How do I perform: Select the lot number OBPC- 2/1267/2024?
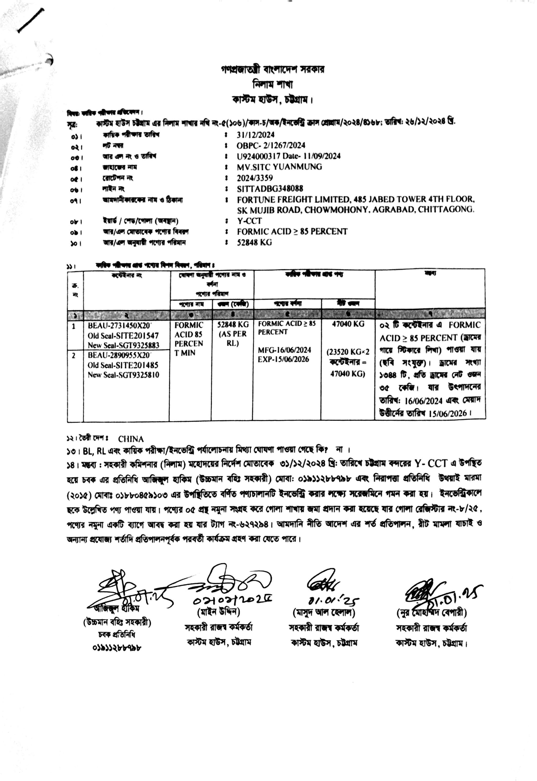(271, 145)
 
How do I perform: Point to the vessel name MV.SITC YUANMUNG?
(279, 167)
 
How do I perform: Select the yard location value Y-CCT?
(249, 221)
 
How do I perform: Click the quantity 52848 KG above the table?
(254, 242)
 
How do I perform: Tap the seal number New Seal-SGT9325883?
(123, 345)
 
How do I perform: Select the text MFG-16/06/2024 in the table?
(284, 350)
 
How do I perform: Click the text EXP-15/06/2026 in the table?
(283, 359)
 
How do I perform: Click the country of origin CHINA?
(131, 439)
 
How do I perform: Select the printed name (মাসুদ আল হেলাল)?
(324, 612)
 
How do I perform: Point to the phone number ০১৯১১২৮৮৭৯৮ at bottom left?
(116, 647)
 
